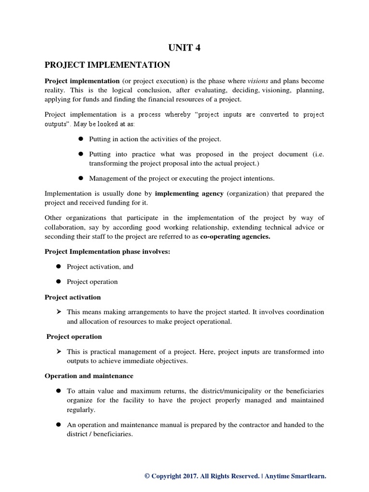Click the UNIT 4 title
pyautogui.click(x=184, y=47)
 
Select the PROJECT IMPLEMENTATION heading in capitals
pyautogui.click(x=107, y=64)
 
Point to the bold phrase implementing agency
pyautogui.click(x=189, y=193)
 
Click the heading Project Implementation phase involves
pyautogui.click(x=108, y=252)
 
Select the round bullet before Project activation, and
pyautogui.click(x=58, y=266)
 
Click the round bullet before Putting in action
pyautogui.click(x=80, y=139)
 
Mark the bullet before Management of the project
pyautogui.click(x=80, y=178)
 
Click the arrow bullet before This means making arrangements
pyautogui.click(x=58, y=312)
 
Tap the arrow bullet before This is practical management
pyautogui.click(x=58, y=352)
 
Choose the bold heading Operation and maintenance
pyautogui.click(x=89, y=375)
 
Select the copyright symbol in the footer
pyautogui.click(x=147, y=476)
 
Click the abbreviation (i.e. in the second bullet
pyautogui.click(x=317, y=154)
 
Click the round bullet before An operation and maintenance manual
pyautogui.click(x=58, y=424)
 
